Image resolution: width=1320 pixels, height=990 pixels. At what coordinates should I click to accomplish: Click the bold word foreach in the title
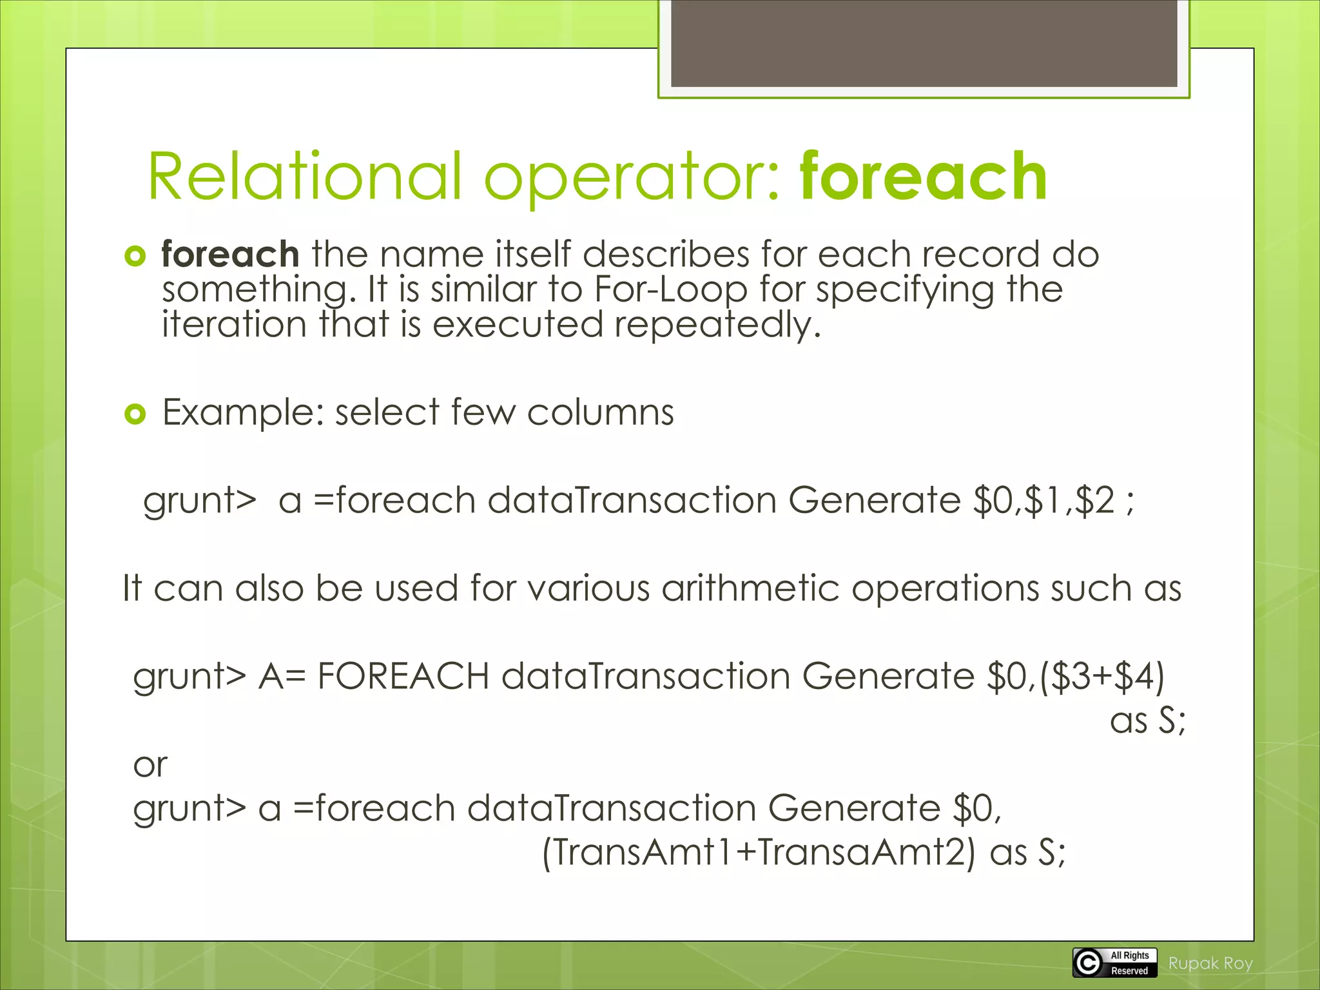point(923,177)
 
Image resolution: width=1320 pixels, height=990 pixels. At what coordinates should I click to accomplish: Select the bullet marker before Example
point(135,414)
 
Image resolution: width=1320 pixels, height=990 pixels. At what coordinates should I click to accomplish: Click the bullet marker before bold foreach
point(135,257)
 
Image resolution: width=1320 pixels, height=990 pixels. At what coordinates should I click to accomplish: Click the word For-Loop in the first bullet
point(670,289)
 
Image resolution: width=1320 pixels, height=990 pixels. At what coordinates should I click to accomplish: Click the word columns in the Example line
point(600,412)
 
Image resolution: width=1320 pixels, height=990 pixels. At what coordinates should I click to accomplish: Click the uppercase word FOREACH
point(403,677)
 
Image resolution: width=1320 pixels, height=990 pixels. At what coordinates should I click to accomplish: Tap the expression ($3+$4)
point(1102,677)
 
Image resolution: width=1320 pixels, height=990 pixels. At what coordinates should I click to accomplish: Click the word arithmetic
point(750,588)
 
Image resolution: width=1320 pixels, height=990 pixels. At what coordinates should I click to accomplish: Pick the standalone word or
point(150,766)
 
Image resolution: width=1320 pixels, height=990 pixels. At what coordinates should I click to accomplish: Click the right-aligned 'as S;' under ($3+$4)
point(1147,721)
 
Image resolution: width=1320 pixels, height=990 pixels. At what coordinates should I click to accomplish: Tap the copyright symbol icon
point(1088,963)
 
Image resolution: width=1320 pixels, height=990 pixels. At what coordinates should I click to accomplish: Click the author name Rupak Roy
point(1210,964)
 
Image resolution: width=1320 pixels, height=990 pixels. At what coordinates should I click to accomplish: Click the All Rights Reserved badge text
point(1129,963)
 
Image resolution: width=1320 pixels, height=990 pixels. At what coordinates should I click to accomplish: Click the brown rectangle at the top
point(924,43)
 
